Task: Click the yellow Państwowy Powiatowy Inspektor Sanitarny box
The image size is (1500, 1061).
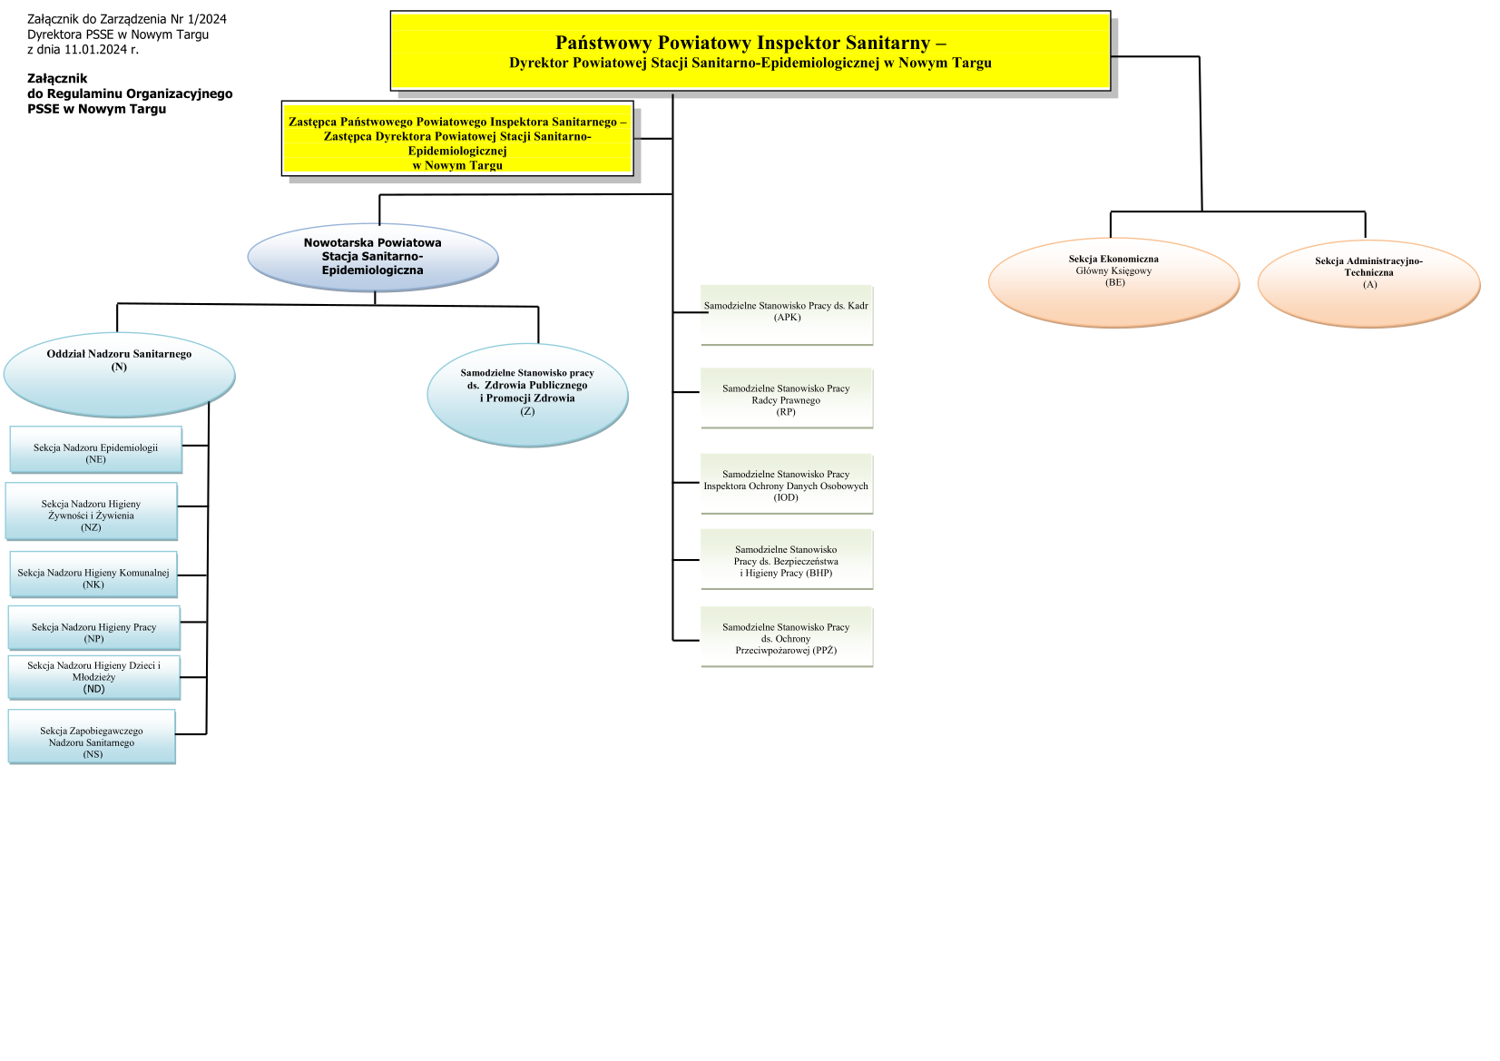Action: coord(750,51)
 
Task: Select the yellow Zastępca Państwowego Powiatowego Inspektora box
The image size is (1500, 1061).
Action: coord(457,138)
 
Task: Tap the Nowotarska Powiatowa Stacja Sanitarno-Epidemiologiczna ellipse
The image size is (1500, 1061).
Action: coord(373,257)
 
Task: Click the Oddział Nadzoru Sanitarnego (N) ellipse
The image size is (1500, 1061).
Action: coord(119,373)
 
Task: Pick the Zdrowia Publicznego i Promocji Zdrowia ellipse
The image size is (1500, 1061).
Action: coord(527,395)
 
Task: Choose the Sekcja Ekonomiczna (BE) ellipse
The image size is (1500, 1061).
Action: coord(1113,281)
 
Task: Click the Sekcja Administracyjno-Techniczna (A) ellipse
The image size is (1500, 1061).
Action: coord(1368,282)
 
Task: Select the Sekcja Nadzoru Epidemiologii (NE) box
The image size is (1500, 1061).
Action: coord(95,449)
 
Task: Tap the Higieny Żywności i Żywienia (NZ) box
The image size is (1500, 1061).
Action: coord(91,512)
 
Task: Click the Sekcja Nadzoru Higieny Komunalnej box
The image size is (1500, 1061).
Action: coord(93,575)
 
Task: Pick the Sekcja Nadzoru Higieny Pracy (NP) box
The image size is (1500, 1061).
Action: coord(93,628)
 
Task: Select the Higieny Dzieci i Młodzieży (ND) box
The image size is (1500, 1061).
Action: coord(93,677)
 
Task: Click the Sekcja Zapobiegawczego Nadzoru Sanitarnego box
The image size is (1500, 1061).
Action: coord(92,737)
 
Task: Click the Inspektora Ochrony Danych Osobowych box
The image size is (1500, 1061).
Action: coord(786,484)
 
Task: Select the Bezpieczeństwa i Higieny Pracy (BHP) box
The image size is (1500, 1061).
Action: coord(786,560)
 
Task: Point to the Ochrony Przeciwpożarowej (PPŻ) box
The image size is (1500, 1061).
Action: coord(786,638)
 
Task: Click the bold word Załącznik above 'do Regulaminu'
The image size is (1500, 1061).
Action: coord(57,79)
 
